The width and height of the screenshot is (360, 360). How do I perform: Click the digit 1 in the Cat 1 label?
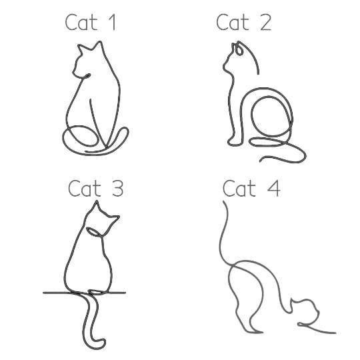[113, 22]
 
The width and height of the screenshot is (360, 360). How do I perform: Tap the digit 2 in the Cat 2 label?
[266, 22]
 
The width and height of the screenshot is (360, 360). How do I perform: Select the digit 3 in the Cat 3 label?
[118, 188]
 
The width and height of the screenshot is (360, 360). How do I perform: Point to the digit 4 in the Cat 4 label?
[274, 188]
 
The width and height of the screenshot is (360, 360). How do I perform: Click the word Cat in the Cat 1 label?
[81, 22]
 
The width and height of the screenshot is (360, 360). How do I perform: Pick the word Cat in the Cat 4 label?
[239, 188]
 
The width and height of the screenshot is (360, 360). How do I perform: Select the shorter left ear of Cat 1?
[81, 49]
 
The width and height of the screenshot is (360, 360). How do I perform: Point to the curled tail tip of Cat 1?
[125, 131]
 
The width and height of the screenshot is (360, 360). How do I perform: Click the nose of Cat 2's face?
[224, 66]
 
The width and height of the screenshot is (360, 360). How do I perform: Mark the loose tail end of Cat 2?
[261, 161]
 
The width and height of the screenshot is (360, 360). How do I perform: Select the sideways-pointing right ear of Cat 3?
[113, 219]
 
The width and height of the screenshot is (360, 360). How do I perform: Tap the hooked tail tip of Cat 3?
[101, 344]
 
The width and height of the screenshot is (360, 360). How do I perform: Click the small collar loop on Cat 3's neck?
[95, 231]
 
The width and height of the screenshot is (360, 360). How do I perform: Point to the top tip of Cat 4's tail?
[224, 202]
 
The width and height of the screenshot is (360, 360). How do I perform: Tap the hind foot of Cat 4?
[255, 331]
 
